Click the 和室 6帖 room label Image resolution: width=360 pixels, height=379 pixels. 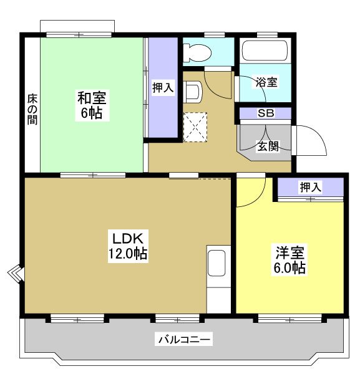pyautogui.click(x=92, y=106)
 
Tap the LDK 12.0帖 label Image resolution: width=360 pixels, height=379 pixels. pyautogui.click(x=129, y=246)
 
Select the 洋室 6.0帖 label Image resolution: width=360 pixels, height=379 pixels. pyautogui.click(x=291, y=261)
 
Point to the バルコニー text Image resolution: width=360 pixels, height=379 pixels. pyautogui.click(x=184, y=340)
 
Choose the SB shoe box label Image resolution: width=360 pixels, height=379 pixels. pyautogui.click(x=265, y=113)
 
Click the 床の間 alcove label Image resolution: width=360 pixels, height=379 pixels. pyautogui.click(x=32, y=109)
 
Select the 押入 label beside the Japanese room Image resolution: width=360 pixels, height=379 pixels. pyautogui.click(x=163, y=88)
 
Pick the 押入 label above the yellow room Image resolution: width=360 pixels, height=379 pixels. pyautogui.click(x=310, y=187)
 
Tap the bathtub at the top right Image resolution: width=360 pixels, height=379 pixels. pyautogui.click(x=265, y=50)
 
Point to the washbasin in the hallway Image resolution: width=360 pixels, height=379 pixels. pyautogui.click(x=192, y=92)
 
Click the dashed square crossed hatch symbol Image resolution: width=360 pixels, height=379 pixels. pyautogui.click(x=197, y=127)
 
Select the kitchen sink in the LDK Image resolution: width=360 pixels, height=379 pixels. pyautogui.click(x=217, y=263)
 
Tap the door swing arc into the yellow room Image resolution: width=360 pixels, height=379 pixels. pyautogui.click(x=251, y=193)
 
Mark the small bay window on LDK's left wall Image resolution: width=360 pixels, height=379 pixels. pyautogui.click(x=16, y=275)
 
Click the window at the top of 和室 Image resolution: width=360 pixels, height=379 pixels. pyautogui.click(x=77, y=29)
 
